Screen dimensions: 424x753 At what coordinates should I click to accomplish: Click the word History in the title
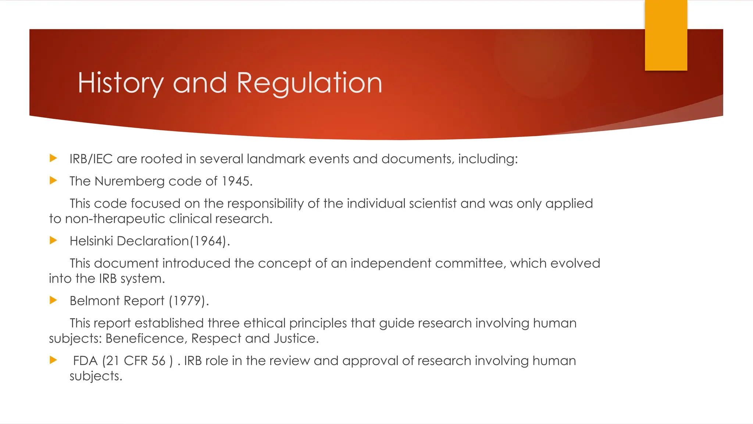121,83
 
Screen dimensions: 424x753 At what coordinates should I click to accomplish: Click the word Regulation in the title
310,83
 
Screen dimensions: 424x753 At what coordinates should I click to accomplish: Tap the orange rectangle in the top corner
666,35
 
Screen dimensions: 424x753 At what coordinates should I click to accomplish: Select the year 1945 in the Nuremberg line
235,181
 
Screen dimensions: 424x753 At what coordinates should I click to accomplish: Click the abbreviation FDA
85,361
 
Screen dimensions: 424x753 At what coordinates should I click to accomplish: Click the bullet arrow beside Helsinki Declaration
54,241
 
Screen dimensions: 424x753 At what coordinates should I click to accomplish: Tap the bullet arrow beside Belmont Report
54,300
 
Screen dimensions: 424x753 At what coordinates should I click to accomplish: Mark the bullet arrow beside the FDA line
54,360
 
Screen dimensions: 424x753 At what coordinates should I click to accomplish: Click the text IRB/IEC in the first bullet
91,159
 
